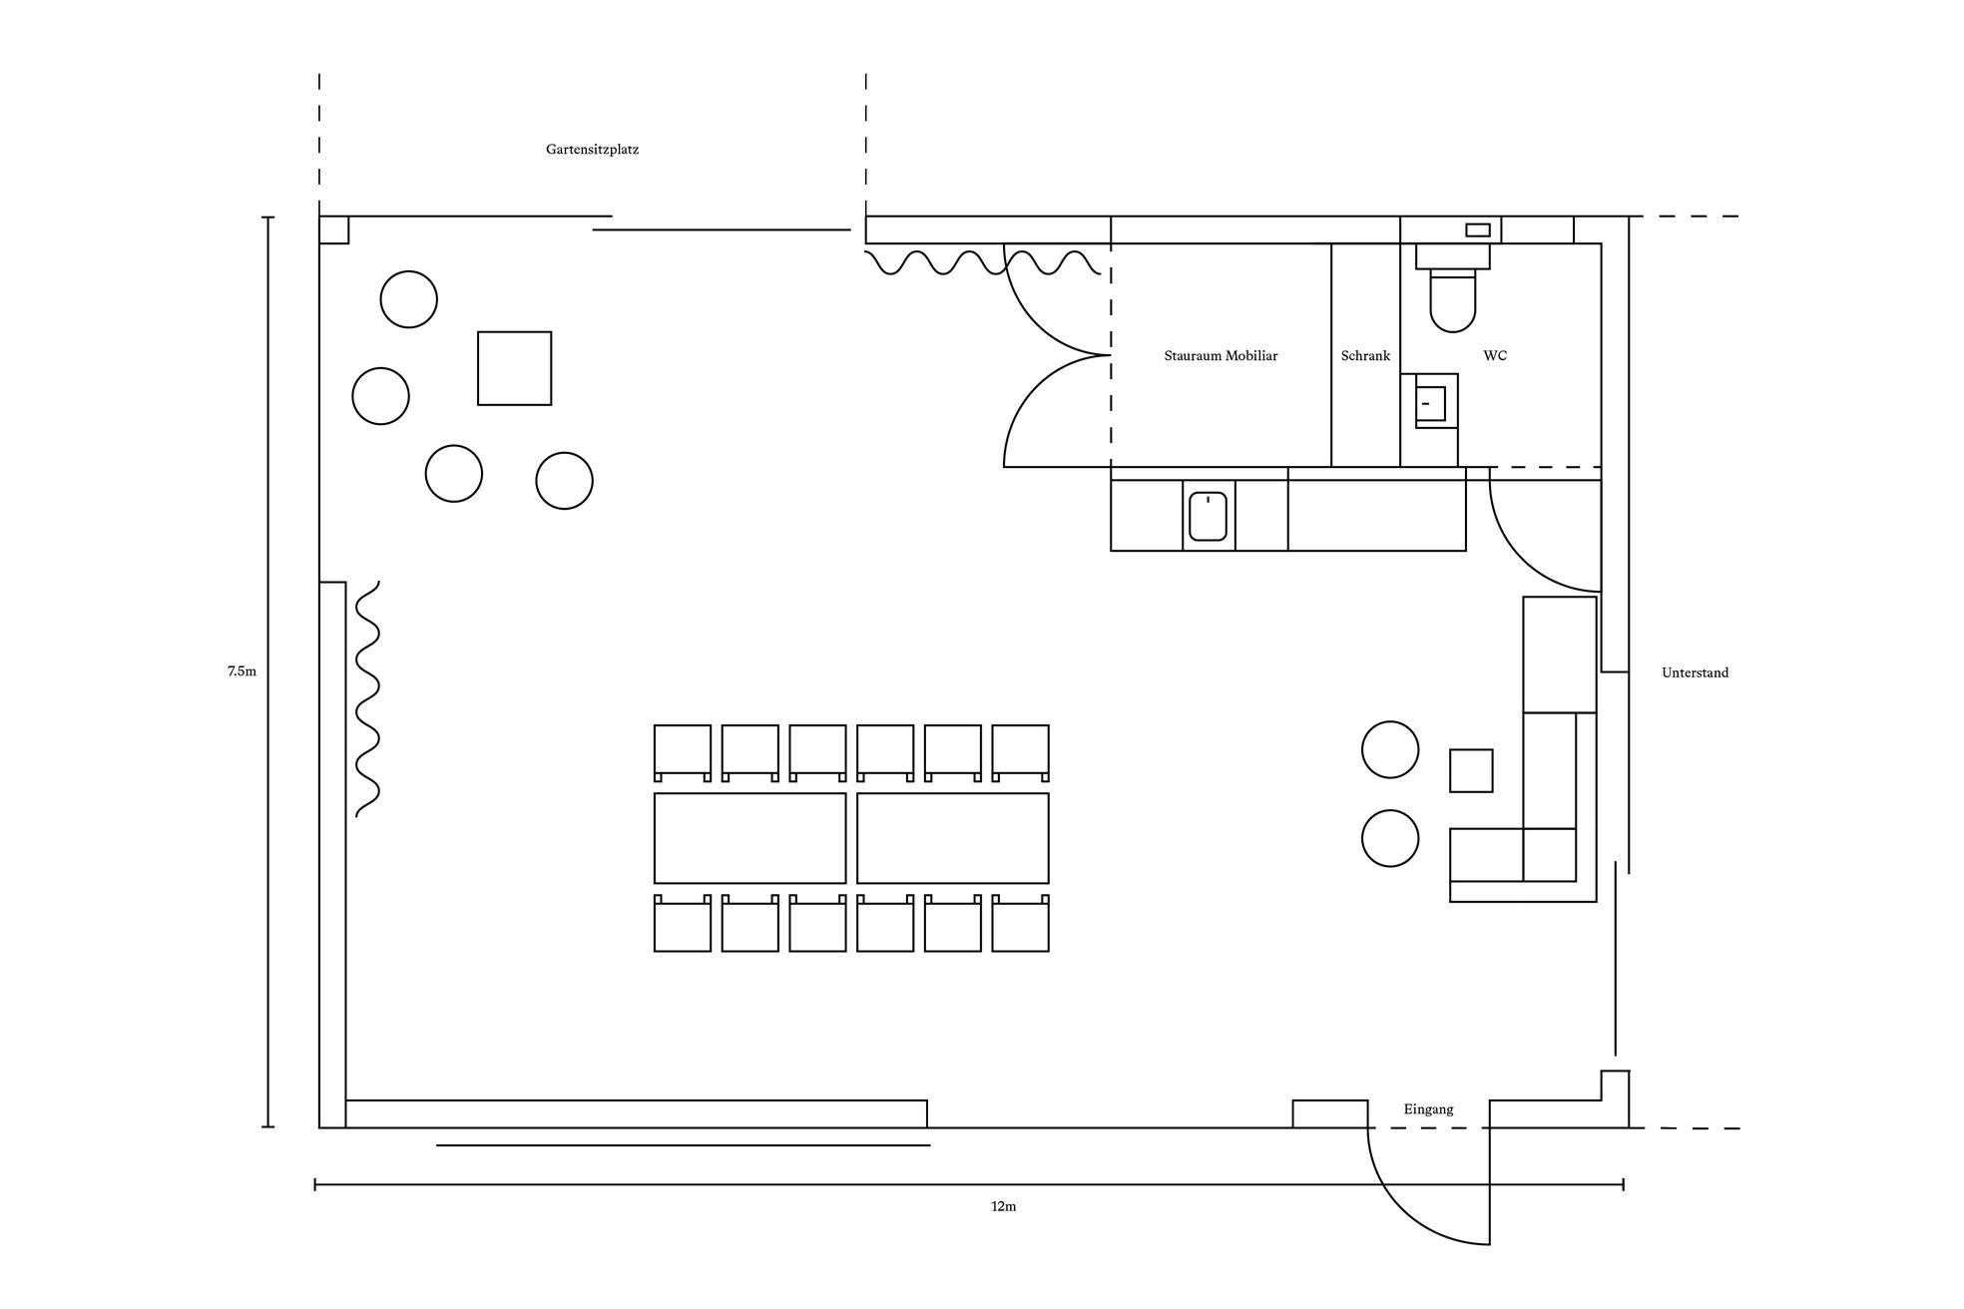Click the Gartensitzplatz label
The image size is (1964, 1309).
click(x=592, y=150)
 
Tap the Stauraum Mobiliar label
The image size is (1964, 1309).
click(x=1221, y=356)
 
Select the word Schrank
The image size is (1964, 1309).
click(x=1365, y=356)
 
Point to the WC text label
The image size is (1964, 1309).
click(x=1495, y=356)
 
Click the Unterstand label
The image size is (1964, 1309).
click(x=1695, y=673)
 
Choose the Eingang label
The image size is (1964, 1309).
click(x=1428, y=1109)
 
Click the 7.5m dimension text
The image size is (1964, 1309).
click(x=242, y=671)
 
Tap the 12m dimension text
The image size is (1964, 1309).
click(x=1003, y=1206)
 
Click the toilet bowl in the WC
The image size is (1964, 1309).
click(x=1453, y=300)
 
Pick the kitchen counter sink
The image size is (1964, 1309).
click(x=1209, y=516)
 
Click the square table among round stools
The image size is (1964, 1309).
click(x=514, y=368)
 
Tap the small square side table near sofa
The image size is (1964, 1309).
click(x=1471, y=770)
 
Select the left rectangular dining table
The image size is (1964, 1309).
click(x=749, y=838)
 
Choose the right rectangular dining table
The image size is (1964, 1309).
click(x=952, y=838)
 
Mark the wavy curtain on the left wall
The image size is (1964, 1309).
click(x=368, y=698)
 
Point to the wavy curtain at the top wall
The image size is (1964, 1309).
click(x=982, y=262)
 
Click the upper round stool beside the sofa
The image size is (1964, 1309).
click(x=1390, y=749)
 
